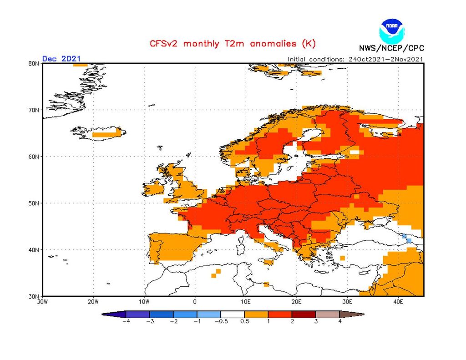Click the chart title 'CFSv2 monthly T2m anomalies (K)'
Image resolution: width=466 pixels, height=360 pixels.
coord(233,44)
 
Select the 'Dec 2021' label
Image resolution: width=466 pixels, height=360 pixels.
coord(61,58)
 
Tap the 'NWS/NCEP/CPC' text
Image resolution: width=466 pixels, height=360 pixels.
coord(391,48)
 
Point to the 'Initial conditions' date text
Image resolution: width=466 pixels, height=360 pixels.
coord(355,59)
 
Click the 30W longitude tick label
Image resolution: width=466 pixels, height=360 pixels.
coord(42,301)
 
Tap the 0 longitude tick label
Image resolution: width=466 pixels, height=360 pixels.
coord(195,301)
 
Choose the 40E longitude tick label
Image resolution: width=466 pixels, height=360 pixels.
coord(398,301)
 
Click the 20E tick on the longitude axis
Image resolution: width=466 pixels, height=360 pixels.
coord(296,301)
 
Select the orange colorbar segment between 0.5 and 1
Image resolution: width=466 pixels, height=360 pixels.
coord(256,314)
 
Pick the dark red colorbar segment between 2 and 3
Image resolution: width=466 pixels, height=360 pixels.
coord(304,314)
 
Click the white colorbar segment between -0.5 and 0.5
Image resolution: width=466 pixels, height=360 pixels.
coord(233,314)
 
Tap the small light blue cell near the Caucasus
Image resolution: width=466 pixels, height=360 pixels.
coord(408,240)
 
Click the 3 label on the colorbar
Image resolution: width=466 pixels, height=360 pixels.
coord(316,321)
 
